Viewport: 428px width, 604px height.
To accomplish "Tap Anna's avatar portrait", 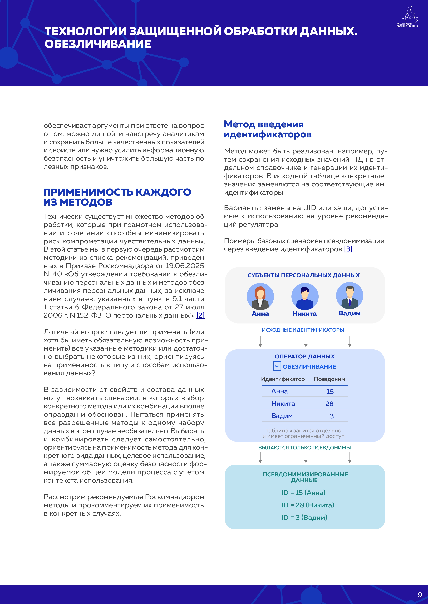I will pyautogui.click(x=260, y=296).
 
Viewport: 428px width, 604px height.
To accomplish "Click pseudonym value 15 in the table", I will pyautogui.click(x=330, y=391).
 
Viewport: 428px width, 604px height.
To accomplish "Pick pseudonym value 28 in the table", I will pyautogui.click(x=329, y=404).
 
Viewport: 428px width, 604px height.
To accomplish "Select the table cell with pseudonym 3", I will pyautogui.click(x=332, y=416).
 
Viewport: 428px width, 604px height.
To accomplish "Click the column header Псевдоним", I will pyautogui.click(x=329, y=379).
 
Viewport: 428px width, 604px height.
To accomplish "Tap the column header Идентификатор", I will pyautogui.click(x=283, y=379).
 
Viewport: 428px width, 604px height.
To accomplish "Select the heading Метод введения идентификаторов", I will pyautogui.click(x=268, y=129).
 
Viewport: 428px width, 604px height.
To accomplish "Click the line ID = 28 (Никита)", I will pyautogui.click(x=308, y=505).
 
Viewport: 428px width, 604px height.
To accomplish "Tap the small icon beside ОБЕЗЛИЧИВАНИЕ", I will pyautogui.click(x=277, y=366).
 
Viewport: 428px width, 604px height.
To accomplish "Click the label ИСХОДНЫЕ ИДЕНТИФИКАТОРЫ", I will pyautogui.click(x=303, y=330).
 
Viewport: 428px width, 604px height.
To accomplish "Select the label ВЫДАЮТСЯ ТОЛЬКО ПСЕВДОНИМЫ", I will pyautogui.click(x=304, y=447).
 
